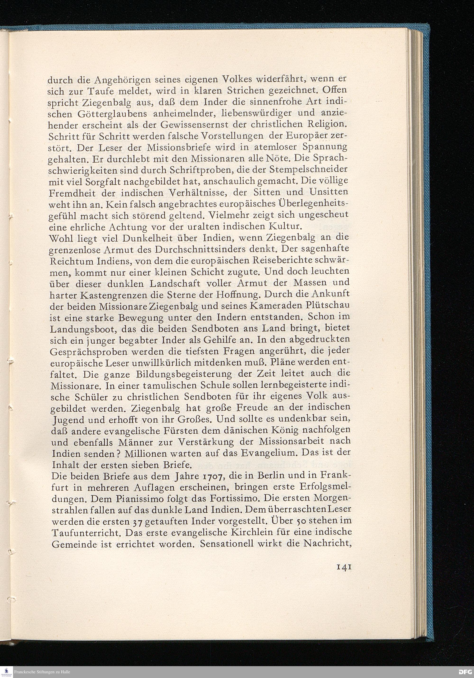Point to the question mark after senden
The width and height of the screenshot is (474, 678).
click(x=120, y=453)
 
